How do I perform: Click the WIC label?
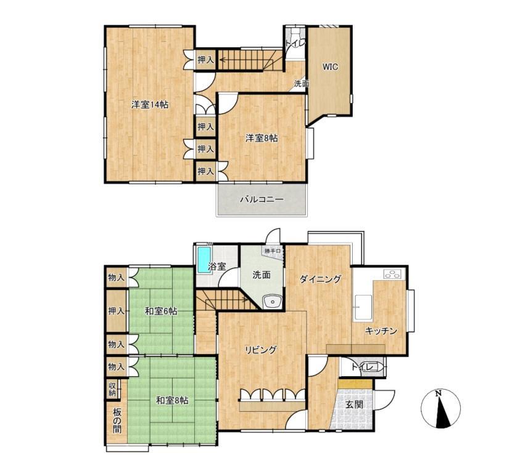pos(330,67)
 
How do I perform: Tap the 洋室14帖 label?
pos(150,105)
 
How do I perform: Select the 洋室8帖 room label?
pos(262,138)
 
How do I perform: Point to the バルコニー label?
pos(262,199)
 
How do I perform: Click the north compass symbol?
pos(441,409)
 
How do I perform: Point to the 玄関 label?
pos(355,404)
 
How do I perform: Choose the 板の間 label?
pos(117,420)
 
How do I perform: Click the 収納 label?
pos(112,389)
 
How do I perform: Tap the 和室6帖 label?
pos(161,311)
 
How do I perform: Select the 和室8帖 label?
pos(172,401)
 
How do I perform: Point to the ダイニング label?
pos(321,279)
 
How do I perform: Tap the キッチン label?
pos(381,331)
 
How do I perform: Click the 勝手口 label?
pos(273,251)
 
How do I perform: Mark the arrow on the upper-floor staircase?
pos(246,60)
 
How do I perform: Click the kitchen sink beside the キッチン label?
pos(362,307)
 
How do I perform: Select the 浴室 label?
pos(216,267)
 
